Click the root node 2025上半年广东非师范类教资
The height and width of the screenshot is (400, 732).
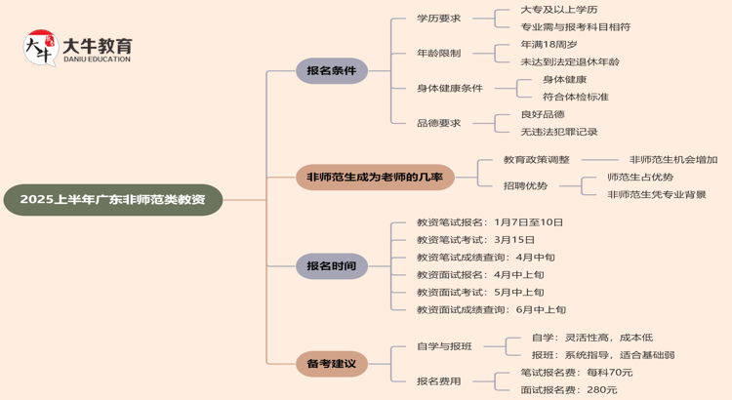click(113, 199)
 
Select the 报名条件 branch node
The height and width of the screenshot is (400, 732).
click(332, 70)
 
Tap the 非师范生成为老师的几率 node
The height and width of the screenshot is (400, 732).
click(375, 178)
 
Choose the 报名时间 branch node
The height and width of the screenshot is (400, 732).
click(332, 265)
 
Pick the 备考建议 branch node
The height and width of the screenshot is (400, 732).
click(332, 364)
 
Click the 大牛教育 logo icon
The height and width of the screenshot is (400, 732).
click(40, 48)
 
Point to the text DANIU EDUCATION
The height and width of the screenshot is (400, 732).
click(97, 60)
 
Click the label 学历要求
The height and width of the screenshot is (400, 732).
click(438, 18)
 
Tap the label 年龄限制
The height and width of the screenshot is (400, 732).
click(438, 53)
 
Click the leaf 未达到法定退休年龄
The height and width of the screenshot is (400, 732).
click(570, 61)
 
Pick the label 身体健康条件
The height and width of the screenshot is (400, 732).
click(450, 88)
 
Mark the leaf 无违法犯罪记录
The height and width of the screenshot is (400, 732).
click(559, 132)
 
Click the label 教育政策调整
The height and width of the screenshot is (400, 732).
click(537, 159)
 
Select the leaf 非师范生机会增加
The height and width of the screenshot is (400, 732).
click(673, 159)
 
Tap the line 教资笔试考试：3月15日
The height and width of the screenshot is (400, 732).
click(475, 239)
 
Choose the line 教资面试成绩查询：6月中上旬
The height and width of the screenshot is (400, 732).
click(491, 309)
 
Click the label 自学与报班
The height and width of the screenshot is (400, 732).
click(444, 346)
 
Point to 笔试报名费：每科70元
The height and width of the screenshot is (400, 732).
click(576, 372)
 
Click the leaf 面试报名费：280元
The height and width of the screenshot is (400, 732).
click(568, 389)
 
